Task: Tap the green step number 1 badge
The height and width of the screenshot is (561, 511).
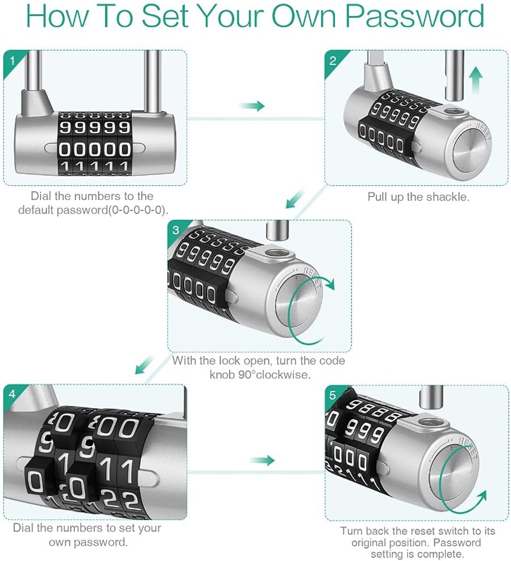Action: tap(10, 59)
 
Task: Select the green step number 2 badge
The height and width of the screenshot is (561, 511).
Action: tap(332, 59)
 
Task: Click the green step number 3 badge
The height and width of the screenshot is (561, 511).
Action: tap(175, 230)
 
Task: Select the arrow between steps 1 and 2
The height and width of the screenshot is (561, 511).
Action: tap(252, 106)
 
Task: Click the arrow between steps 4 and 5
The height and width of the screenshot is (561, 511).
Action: tap(262, 460)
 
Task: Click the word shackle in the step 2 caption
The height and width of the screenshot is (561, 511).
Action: tap(452, 197)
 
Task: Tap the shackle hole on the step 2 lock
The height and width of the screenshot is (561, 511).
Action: tap(454, 112)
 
